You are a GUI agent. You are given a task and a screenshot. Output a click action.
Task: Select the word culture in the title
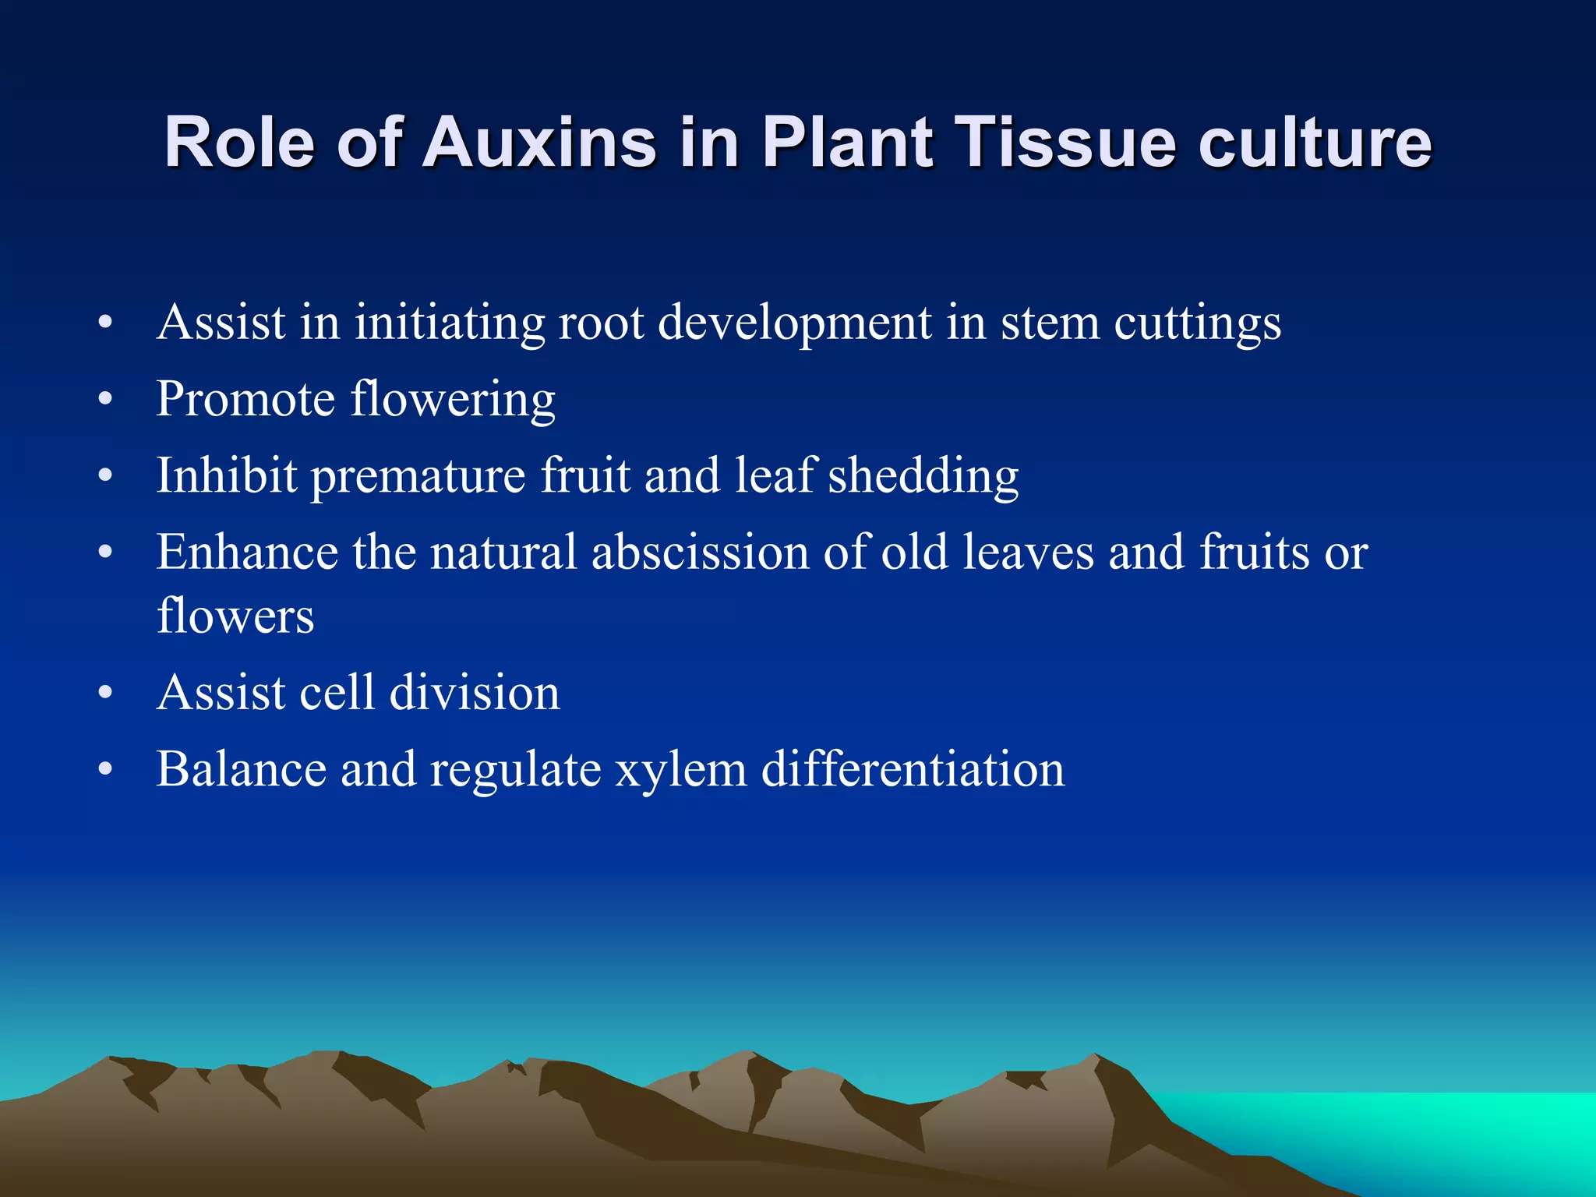(1315, 143)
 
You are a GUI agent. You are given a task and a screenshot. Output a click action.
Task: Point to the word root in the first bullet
(601, 322)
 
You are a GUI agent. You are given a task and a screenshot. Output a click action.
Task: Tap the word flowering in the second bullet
(453, 400)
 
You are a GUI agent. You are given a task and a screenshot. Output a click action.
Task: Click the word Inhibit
(227, 475)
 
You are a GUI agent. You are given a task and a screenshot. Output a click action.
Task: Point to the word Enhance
(247, 553)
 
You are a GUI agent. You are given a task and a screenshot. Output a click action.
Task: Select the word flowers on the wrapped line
(235, 616)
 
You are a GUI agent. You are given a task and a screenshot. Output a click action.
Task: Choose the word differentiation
(913, 768)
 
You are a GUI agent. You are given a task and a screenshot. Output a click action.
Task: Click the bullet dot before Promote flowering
(106, 400)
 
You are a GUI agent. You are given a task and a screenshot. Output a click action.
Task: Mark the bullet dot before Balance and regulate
(106, 769)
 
